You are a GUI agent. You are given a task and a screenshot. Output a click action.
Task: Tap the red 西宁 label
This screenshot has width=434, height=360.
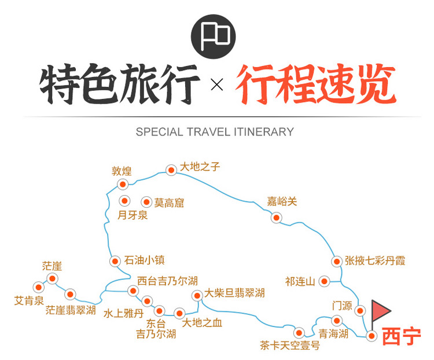point(402,336)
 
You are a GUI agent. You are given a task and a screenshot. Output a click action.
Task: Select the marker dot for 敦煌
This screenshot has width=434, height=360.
point(123,184)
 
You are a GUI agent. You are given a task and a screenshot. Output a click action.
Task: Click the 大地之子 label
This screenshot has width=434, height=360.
point(200,167)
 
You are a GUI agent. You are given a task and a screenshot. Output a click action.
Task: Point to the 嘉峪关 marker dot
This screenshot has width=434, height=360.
point(276,218)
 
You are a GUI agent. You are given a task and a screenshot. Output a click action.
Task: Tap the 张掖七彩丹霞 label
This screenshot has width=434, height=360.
point(375,261)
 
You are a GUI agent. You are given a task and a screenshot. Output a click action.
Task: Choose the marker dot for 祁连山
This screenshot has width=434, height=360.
point(324,282)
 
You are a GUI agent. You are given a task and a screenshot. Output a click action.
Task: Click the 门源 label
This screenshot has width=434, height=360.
point(342,306)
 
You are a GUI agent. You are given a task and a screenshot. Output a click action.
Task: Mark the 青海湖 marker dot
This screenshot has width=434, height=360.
point(337,321)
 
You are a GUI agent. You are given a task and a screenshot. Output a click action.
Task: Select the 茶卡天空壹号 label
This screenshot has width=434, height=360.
point(290,346)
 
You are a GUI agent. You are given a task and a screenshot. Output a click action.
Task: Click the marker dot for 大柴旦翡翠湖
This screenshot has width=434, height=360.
point(197,296)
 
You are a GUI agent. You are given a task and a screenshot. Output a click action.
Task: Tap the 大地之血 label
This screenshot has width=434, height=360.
point(202,323)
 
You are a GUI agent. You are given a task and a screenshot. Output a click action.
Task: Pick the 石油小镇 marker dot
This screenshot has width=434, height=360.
point(115,261)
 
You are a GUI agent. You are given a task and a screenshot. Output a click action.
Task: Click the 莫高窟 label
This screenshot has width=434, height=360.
point(169,203)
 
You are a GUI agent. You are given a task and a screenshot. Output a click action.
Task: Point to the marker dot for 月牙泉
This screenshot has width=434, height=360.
point(124,201)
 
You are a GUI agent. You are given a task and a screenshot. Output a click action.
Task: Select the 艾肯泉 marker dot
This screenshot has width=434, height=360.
point(38,287)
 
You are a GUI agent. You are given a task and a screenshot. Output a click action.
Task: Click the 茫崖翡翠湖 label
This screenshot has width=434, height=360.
point(71,310)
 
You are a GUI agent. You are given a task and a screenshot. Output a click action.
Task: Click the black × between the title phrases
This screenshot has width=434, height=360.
point(217,85)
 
